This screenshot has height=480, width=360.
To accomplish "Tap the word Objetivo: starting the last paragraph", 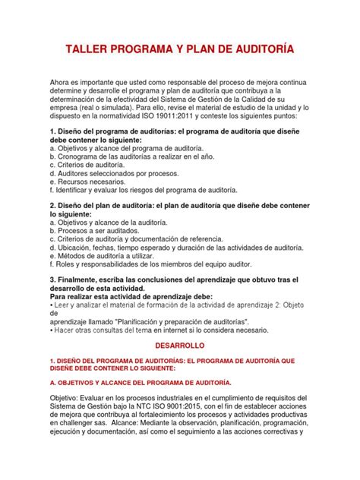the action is pos(67,399).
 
